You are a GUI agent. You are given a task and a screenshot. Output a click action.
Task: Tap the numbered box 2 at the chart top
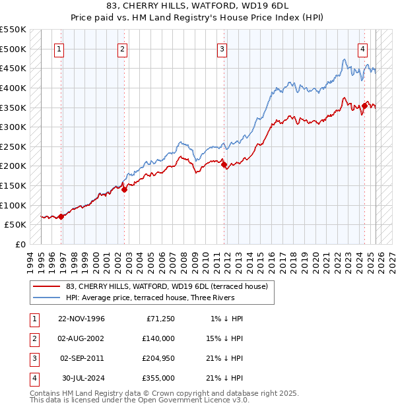[123, 49]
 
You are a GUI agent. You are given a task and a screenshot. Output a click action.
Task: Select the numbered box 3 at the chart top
[222, 49]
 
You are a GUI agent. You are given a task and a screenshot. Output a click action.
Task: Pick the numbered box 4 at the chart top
[363, 49]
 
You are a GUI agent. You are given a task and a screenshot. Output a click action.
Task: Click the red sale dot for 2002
[124, 189]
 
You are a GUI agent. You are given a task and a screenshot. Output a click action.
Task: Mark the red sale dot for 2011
[224, 164]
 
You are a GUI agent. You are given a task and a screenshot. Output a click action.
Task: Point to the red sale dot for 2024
[364, 106]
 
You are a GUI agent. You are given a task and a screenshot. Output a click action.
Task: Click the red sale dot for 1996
[61, 216]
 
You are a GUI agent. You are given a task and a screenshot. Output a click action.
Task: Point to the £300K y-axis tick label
[14, 127]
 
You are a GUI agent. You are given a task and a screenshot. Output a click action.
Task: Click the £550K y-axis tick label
[14, 30]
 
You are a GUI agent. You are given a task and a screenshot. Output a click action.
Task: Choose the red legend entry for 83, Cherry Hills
[166, 286]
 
